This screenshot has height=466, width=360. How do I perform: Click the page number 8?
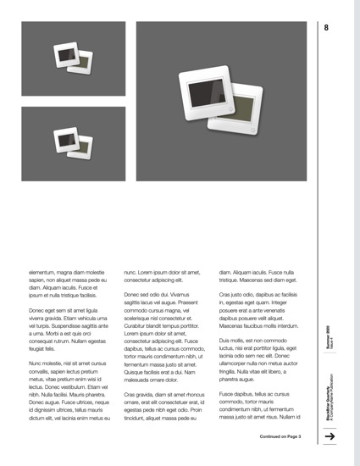tap(326, 28)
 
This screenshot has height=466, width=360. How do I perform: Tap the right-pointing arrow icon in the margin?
tap(330, 435)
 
